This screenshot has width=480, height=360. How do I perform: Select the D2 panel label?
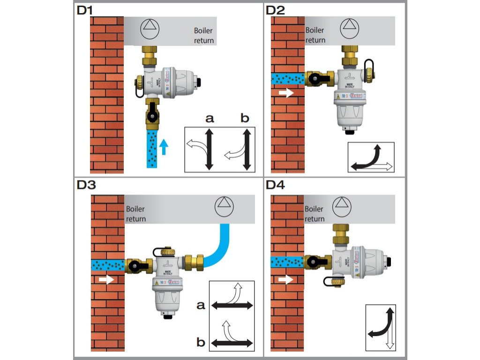pyautogui.click(x=276, y=10)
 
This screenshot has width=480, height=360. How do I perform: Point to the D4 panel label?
pyautogui.click(x=276, y=185)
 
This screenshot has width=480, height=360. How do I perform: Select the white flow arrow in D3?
pyautogui.click(x=106, y=280)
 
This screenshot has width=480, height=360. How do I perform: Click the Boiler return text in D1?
pyautogui.click(x=204, y=36)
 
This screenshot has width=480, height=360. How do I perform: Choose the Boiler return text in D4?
pyautogui.click(x=315, y=214)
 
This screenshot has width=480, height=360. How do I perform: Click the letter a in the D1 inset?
pyautogui.click(x=210, y=119)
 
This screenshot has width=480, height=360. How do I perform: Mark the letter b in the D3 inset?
pyautogui.click(x=201, y=343)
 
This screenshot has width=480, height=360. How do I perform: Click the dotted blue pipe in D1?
pyautogui.click(x=152, y=150)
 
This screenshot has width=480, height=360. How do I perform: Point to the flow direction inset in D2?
pyautogui.click(x=371, y=157)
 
